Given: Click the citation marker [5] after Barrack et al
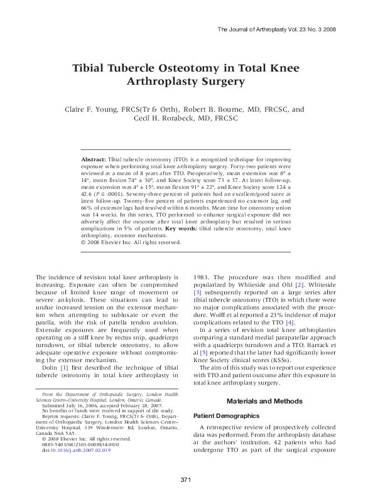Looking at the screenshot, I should point(204,355).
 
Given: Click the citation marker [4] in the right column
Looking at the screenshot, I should point(289,322).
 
